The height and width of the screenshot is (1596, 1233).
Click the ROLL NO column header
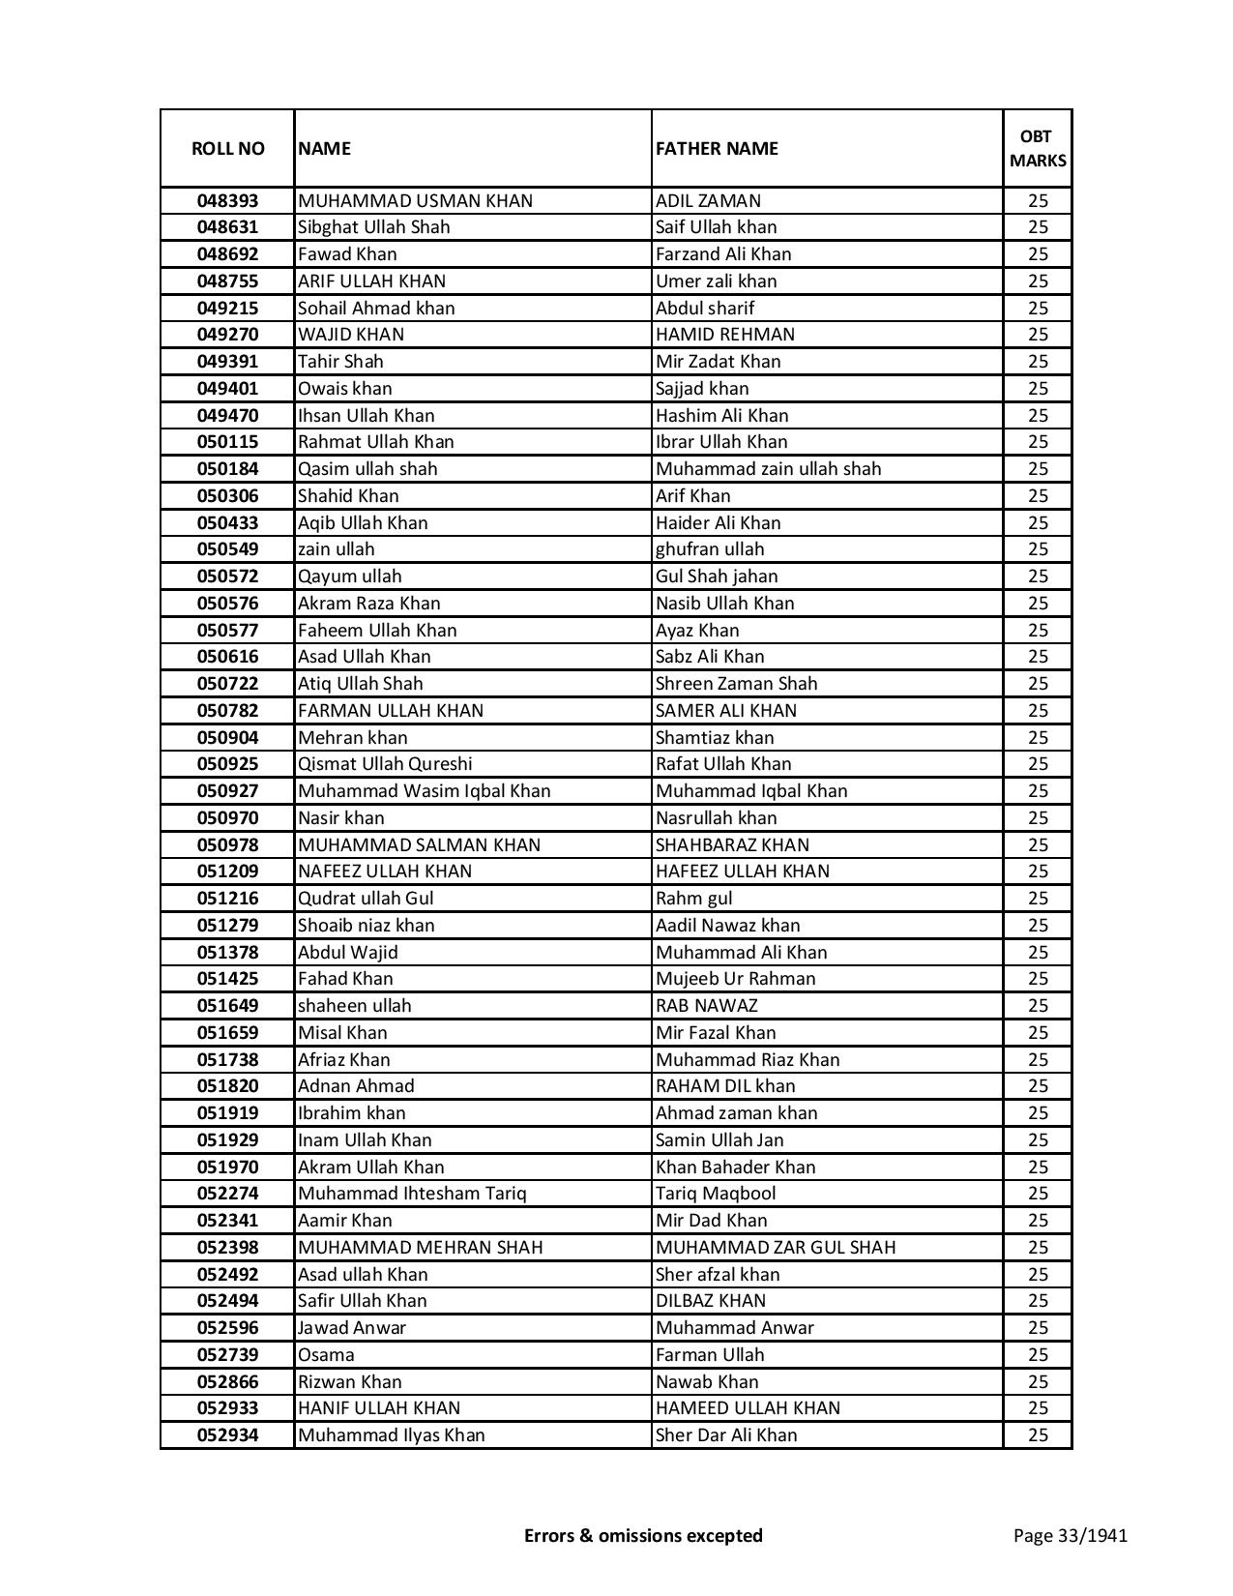pos(227,148)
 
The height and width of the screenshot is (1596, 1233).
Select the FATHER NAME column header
pos(717,148)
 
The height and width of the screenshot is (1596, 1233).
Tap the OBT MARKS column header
pos(1038,148)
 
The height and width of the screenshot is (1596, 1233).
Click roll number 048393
pos(227,201)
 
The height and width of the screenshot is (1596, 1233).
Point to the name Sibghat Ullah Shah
pos(373,227)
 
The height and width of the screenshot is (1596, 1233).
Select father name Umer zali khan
pos(716,281)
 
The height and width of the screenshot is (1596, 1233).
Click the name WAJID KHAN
pos(351,335)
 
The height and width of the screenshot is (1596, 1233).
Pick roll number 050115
pos(227,442)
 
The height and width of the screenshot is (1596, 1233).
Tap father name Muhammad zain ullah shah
pos(768,469)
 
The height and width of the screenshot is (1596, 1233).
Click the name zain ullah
pos(336,549)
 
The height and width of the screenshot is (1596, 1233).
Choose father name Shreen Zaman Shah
pos(736,684)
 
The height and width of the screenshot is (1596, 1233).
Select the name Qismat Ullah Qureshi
pos(385,764)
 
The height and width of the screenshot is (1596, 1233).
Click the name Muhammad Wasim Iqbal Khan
pos(424,791)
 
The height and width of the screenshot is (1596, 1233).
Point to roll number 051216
pos(227,899)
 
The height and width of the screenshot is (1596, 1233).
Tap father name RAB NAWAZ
pos(706,1006)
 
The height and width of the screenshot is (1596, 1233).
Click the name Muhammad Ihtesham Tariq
pos(412,1194)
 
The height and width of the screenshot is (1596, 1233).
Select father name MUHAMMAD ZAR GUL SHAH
pos(775,1248)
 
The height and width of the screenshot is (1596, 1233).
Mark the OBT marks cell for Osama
pos(1038,1355)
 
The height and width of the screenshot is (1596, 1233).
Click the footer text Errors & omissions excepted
pos(643,1535)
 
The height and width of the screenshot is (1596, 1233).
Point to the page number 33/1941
pos(1070,1535)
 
